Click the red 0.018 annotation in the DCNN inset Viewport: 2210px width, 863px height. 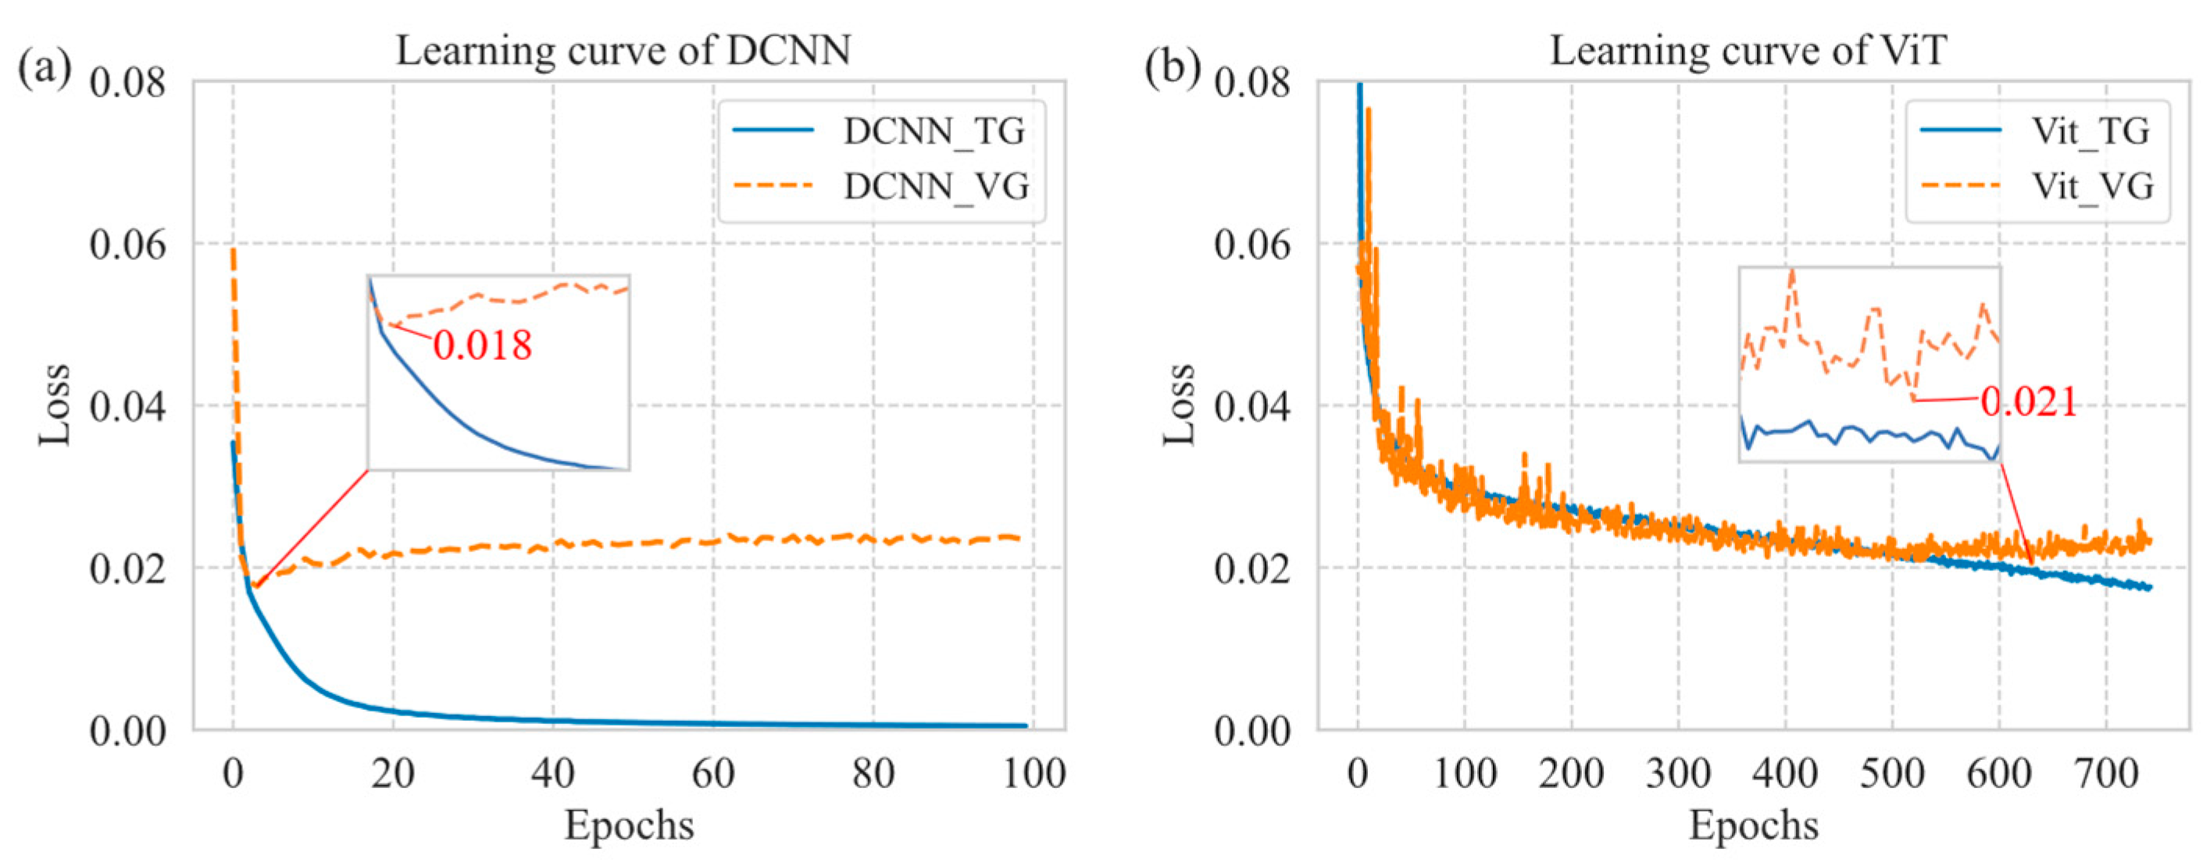(x=482, y=345)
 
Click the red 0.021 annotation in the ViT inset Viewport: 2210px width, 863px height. (x=2029, y=401)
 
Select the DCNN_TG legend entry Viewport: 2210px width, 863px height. (x=934, y=131)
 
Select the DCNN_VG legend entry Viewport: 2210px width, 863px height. (x=935, y=186)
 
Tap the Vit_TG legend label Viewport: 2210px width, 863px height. (x=2090, y=131)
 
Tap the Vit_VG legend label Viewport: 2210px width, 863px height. (x=2093, y=186)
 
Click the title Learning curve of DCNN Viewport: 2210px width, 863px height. (x=623, y=50)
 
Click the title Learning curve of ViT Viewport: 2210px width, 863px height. (x=1748, y=50)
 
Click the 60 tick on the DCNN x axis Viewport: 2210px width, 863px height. (x=713, y=774)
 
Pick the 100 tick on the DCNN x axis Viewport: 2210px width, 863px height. (x=1034, y=774)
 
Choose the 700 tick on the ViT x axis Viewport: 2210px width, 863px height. (x=2106, y=774)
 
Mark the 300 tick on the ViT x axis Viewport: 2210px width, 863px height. (x=1678, y=774)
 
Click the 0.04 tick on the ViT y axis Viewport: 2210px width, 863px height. (x=1251, y=406)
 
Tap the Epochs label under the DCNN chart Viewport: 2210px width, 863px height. (x=629, y=826)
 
